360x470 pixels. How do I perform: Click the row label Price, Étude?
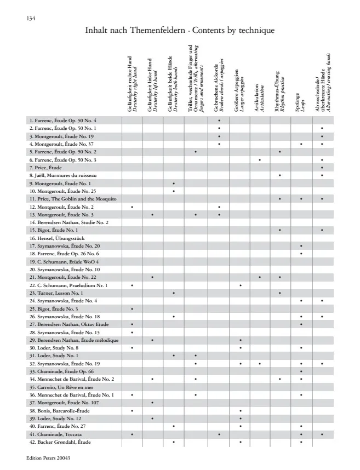point(46,167)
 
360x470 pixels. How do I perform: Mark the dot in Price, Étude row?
point(322,167)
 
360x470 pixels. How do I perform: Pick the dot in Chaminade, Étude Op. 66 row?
point(301,371)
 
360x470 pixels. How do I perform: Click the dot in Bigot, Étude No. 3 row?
point(132,309)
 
